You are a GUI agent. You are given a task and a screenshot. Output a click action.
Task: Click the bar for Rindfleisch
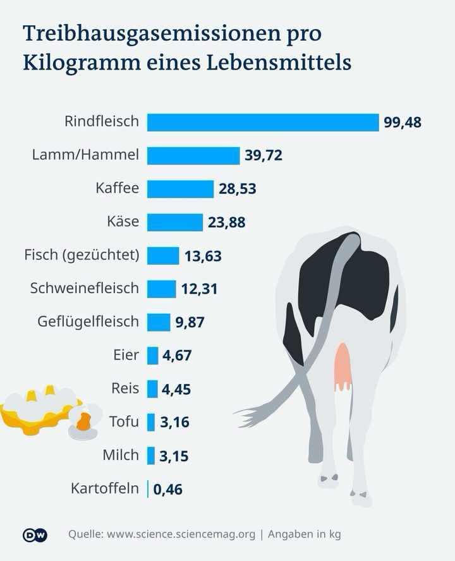(262, 122)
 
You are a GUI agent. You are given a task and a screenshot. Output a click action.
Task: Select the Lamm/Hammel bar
(193, 155)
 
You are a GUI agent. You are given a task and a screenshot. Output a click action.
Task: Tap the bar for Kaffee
(180, 188)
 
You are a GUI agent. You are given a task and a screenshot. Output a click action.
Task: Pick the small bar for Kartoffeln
(148, 489)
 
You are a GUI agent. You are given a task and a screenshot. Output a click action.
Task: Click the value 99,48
(402, 123)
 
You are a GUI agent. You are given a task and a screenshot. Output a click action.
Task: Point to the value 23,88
(226, 222)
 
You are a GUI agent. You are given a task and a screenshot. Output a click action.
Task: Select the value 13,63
(203, 256)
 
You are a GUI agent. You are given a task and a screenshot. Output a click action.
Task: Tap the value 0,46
(167, 489)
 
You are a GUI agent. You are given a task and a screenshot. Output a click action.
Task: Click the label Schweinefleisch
(84, 288)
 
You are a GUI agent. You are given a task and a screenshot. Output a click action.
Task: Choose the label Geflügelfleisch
(88, 322)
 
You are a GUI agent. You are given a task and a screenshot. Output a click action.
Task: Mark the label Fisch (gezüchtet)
(81, 255)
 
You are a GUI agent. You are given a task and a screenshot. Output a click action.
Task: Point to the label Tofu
(123, 421)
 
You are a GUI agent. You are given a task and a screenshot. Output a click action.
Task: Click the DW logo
(35, 534)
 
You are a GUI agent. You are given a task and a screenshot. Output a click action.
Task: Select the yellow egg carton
(38, 414)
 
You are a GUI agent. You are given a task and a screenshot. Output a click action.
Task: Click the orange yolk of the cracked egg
(84, 421)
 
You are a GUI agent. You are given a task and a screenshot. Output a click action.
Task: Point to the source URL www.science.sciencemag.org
(181, 534)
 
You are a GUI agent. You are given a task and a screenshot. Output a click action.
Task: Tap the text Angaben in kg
(304, 534)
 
